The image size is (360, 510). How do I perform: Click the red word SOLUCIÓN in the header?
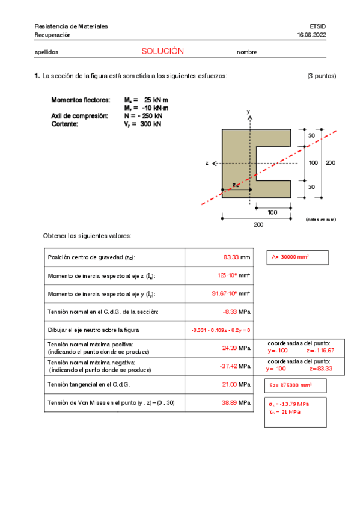(x=162, y=52)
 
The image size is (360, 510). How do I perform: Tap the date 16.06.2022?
(x=311, y=35)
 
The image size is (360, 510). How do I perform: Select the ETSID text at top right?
(x=317, y=26)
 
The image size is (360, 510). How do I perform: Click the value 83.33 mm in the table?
(x=236, y=257)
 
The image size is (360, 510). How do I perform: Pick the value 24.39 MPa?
(x=236, y=348)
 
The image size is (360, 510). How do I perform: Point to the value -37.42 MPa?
(x=235, y=366)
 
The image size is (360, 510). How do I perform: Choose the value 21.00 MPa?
(x=236, y=384)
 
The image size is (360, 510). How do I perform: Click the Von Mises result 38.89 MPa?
(x=236, y=402)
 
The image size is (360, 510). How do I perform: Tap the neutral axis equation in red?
(x=221, y=330)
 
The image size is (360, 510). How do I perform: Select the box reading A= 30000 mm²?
(x=291, y=257)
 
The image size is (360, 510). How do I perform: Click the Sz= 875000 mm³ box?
(x=291, y=384)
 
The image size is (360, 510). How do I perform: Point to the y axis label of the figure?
(x=248, y=112)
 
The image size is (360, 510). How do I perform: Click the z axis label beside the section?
(x=207, y=163)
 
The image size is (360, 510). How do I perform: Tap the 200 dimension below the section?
(x=258, y=224)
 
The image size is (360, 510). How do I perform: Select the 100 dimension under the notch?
(x=273, y=212)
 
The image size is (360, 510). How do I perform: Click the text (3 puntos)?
(x=322, y=76)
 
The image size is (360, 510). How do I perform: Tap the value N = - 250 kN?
(x=143, y=116)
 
